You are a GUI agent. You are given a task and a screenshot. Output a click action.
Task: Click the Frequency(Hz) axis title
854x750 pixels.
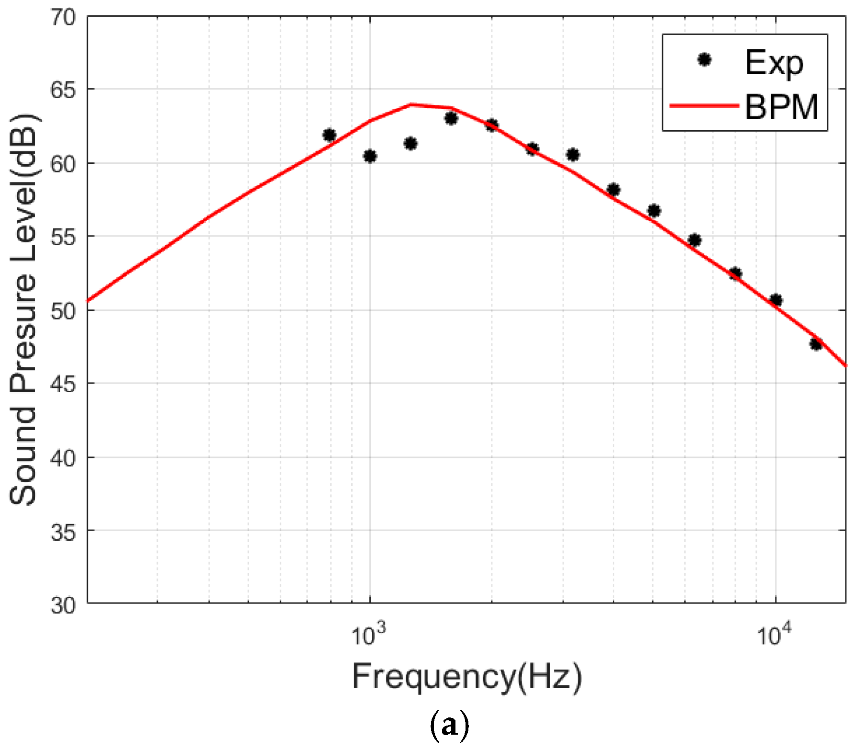click(467, 676)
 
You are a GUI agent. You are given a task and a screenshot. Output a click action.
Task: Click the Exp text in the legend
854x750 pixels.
click(774, 62)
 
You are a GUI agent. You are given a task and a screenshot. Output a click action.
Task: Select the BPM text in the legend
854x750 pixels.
click(781, 106)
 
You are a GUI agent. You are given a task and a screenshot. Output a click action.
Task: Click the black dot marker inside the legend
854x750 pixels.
click(704, 60)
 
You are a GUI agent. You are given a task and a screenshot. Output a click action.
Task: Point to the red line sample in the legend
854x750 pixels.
click(704, 105)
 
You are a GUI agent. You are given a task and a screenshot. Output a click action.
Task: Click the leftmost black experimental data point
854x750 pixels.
click(329, 135)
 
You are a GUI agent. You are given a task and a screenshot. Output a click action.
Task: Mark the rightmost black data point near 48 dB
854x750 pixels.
click(816, 343)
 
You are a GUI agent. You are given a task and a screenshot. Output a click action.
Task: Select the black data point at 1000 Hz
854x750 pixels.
click(370, 156)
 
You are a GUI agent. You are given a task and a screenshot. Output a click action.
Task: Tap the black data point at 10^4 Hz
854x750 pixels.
click(776, 300)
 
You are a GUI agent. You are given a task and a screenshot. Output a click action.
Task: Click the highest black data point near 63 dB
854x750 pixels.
click(451, 118)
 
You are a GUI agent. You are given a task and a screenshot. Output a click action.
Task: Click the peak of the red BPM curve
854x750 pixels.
click(411, 104)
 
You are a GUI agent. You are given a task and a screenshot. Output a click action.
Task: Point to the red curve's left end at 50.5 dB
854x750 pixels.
click(89, 300)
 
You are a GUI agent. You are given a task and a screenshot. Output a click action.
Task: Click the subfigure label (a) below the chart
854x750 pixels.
click(449, 726)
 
